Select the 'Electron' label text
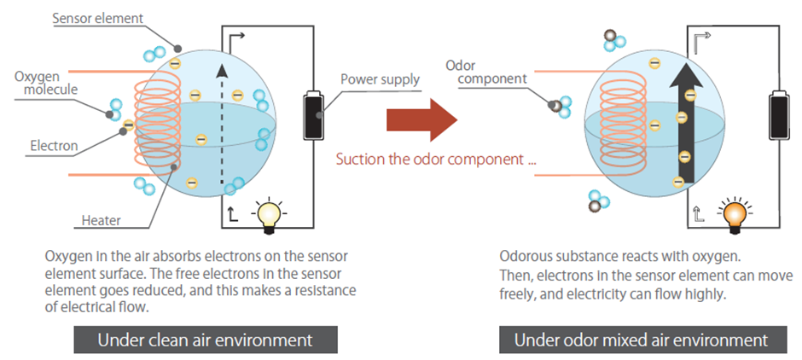point(54,146)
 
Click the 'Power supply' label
point(381,80)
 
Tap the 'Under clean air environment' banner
point(205,340)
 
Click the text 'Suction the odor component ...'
point(435,159)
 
